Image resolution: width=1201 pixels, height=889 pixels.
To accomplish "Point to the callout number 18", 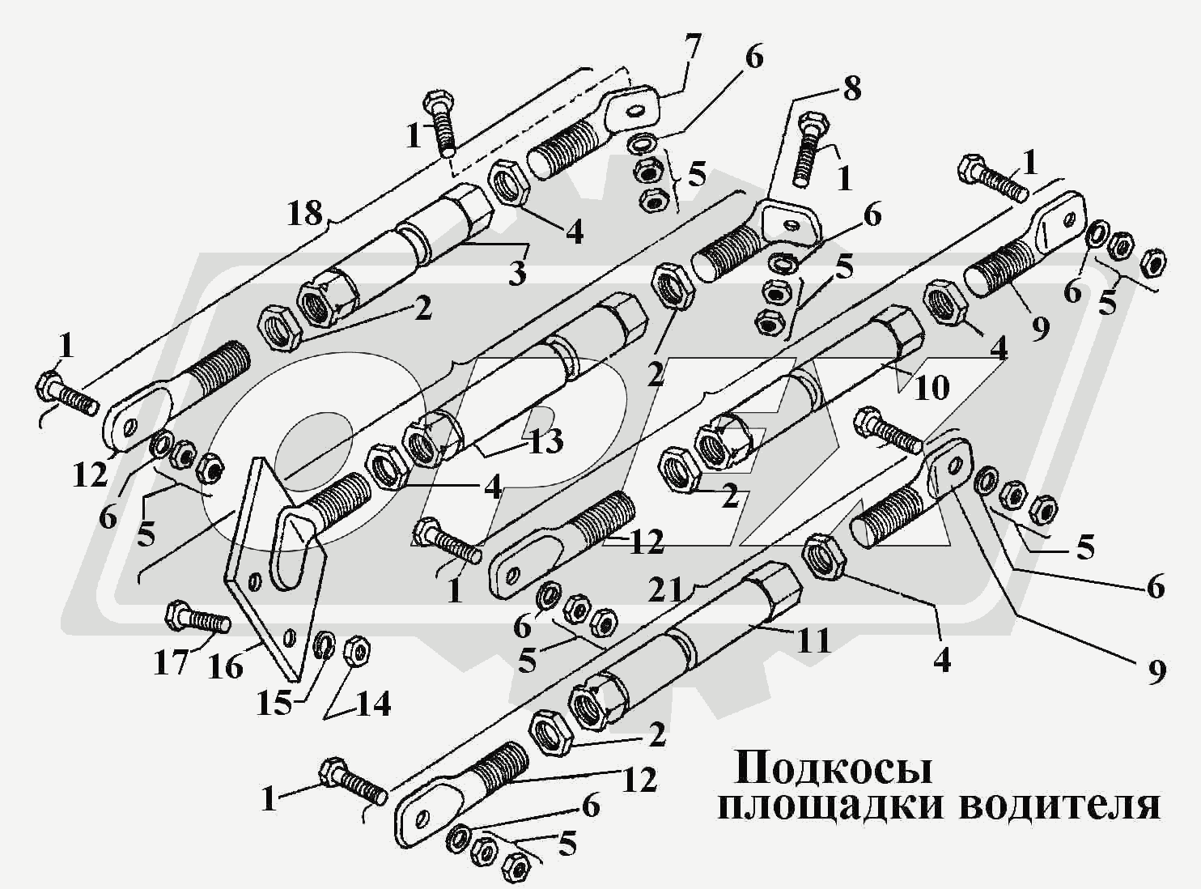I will tap(306, 215).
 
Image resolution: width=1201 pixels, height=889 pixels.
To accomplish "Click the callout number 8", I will tap(851, 89).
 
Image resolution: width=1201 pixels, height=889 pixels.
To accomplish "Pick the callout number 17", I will tap(171, 664).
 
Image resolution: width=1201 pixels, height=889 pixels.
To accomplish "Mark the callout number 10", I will tap(931, 388).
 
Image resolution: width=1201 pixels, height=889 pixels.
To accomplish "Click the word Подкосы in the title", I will tap(833, 768).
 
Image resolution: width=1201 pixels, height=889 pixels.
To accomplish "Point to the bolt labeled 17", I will tap(198, 621).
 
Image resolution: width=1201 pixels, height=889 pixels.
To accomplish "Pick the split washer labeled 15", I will tap(325, 645).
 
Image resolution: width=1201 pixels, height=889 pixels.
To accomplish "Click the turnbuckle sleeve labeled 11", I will tap(688, 644).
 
